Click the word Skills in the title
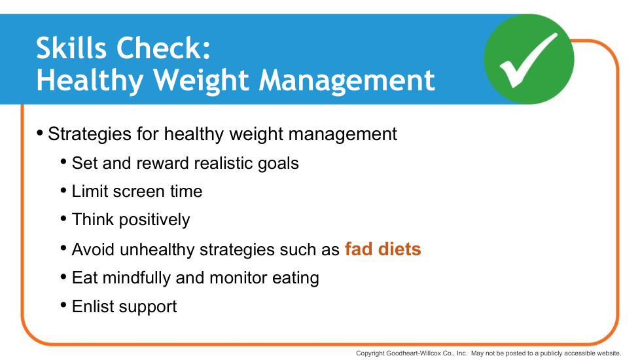[x=72, y=48]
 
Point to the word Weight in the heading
[x=202, y=80]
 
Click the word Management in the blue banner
[x=347, y=80]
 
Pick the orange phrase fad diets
[x=383, y=249]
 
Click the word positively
[x=154, y=220]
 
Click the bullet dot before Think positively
[x=63, y=219]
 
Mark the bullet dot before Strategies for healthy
[x=40, y=133]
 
